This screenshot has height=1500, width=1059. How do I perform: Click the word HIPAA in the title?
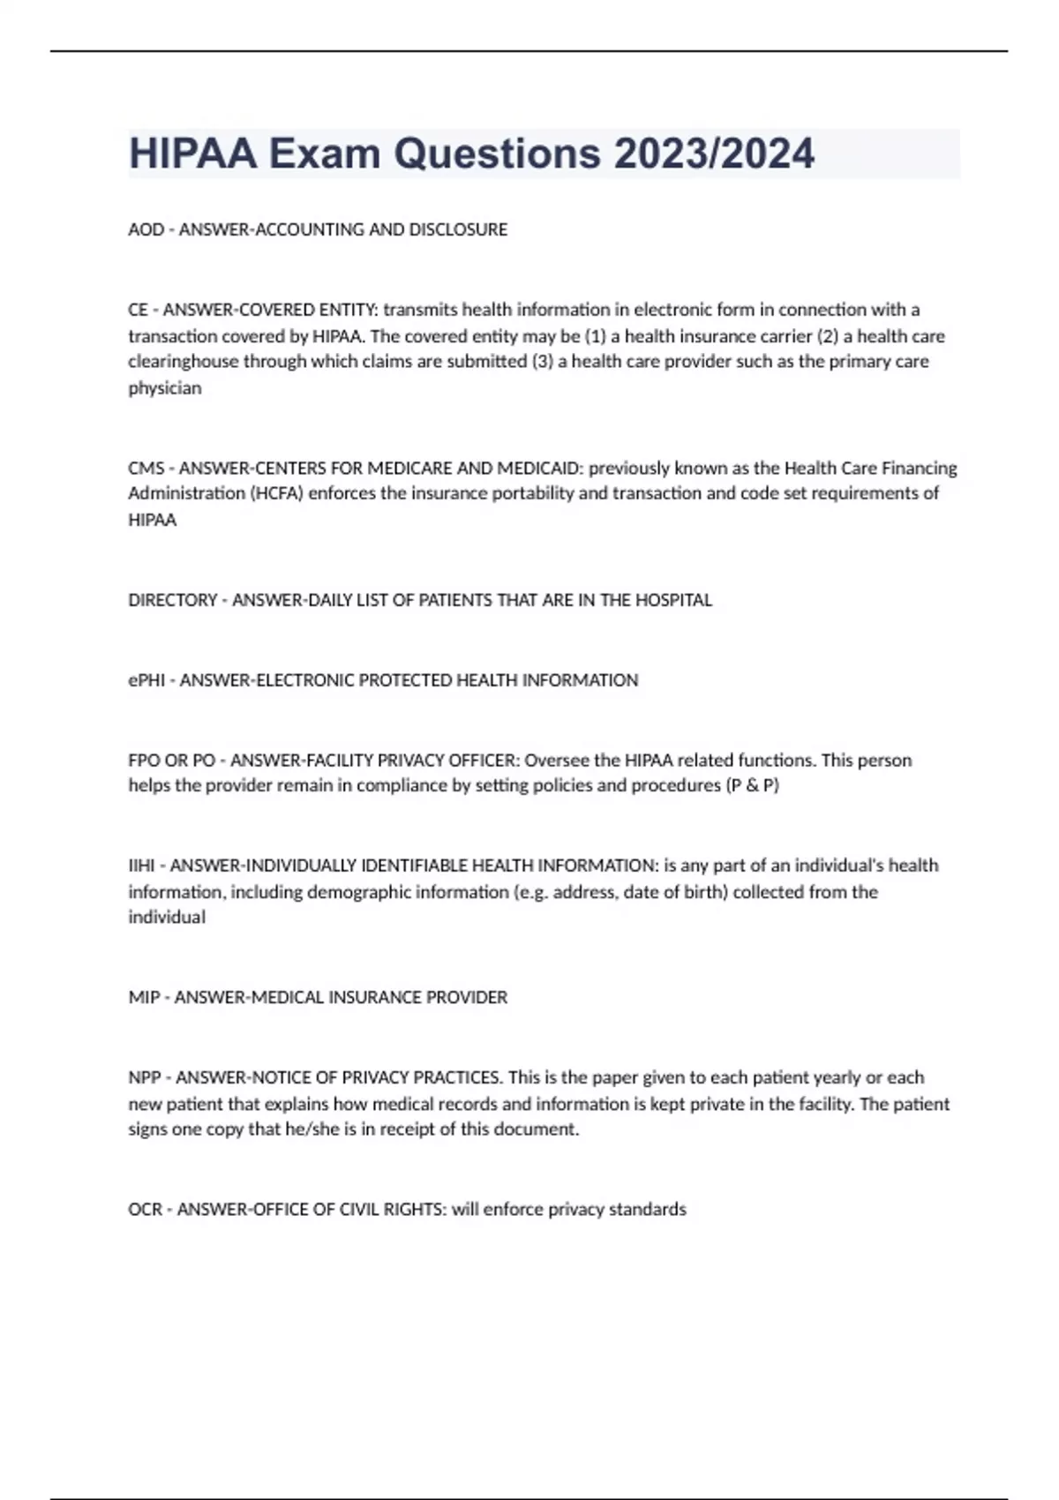(193, 154)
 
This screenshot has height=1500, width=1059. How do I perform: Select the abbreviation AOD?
(146, 229)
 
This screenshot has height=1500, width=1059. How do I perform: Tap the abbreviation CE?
(138, 310)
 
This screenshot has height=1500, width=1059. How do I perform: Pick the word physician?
(165, 388)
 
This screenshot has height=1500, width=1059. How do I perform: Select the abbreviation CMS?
(146, 468)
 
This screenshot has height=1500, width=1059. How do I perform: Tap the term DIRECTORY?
(172, 600)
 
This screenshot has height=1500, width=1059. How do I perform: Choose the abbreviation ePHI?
(146, 680)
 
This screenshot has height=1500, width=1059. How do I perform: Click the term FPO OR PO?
(171, 760)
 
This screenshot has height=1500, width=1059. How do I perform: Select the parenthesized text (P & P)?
(752, 785)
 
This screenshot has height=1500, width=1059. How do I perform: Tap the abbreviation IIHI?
(141, 866)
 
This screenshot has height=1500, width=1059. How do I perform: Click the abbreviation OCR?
(146, 1210)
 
